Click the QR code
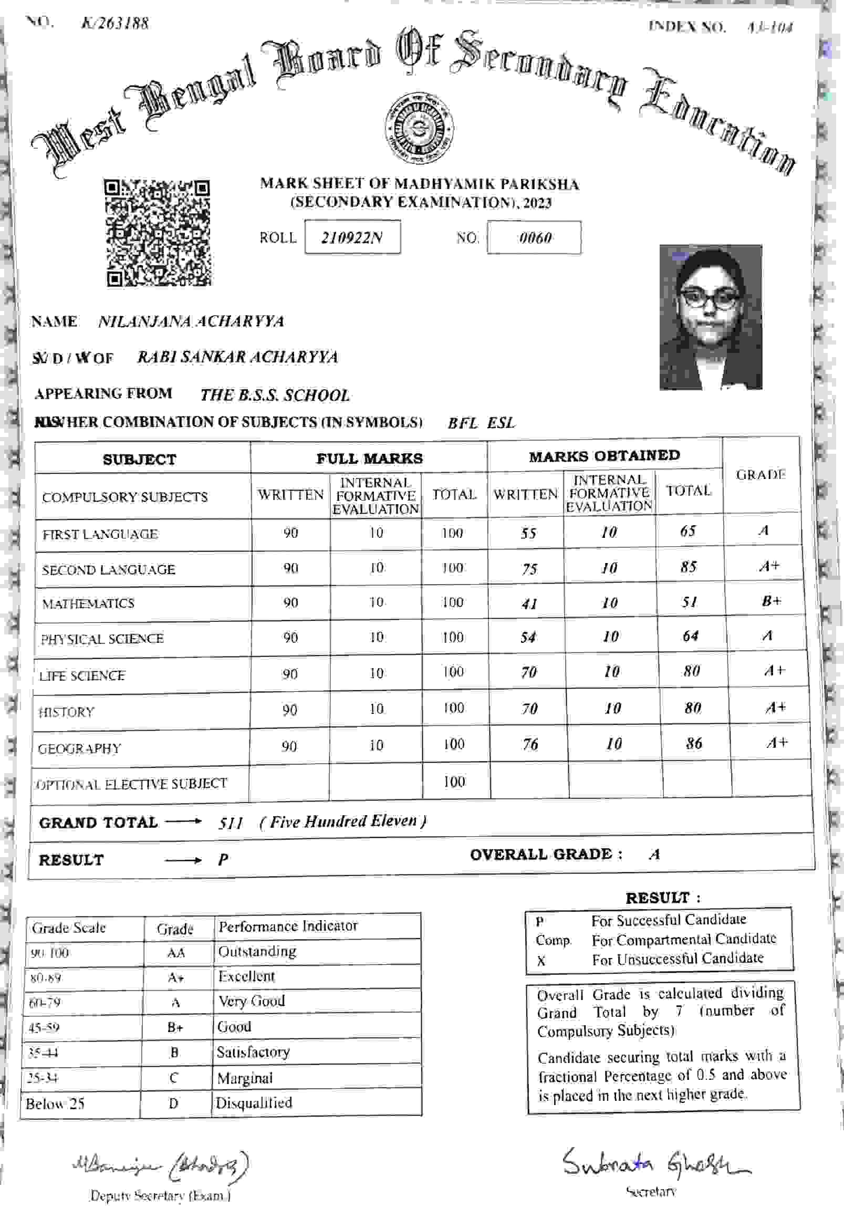pyautogui.click(x=158, y=233)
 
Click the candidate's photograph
pyautogui.click(x=711, y=317)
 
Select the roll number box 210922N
pyautogui.click(x=352, y=238)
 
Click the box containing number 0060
pyautogui.click(x=534, y=238)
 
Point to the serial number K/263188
pyautogui.click(x=114, y=24)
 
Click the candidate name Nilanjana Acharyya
pyautogui.click(x=191, y=321)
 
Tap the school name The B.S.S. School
pyautogui.click(x=275, y=395)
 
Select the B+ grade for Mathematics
pyautogui.click(x=771, y=600)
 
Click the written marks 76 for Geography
pyautogui.click(x=530, y=743)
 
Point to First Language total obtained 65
pyautogui.click(x=687, y=531)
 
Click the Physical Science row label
pyautogui.click(x=102, y=639)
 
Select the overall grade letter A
pyautogui.click(x=654, y=855)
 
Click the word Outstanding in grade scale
pyautogui.click(x=257, y=951)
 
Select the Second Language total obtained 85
pyautogui.click(x=688, y=567)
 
